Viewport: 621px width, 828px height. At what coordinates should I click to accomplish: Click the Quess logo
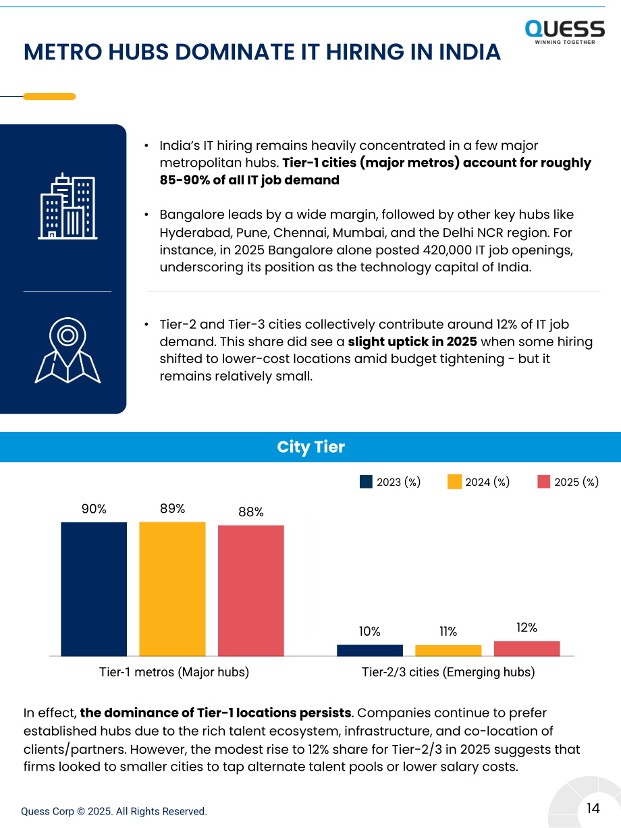565,32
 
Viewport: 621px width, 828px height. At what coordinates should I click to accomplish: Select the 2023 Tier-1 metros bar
94,589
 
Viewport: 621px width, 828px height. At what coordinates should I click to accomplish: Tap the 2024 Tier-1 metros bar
172,589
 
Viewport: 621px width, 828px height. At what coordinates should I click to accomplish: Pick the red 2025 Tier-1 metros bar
251,590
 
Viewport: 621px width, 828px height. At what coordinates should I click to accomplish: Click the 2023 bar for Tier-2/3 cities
370,651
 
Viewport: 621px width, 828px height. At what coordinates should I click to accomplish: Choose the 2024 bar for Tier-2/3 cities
448,651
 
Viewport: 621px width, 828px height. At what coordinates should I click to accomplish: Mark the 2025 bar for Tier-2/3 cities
526,648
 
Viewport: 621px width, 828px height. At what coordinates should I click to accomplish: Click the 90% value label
94,509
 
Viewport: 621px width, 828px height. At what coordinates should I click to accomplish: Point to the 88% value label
251,512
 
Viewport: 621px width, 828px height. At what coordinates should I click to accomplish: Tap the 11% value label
448,632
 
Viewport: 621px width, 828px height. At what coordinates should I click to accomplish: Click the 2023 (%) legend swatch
366,482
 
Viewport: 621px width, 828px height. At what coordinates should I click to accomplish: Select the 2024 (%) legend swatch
455,482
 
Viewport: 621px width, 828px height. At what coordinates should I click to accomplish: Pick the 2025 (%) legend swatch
543,482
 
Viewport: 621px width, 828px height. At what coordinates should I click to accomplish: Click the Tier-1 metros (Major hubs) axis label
174,672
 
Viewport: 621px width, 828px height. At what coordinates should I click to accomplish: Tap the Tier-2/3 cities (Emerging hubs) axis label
448,672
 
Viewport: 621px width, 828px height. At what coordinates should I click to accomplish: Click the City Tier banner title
310,447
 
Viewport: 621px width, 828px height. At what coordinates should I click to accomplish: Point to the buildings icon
67,206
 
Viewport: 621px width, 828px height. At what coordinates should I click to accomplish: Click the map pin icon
67,350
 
